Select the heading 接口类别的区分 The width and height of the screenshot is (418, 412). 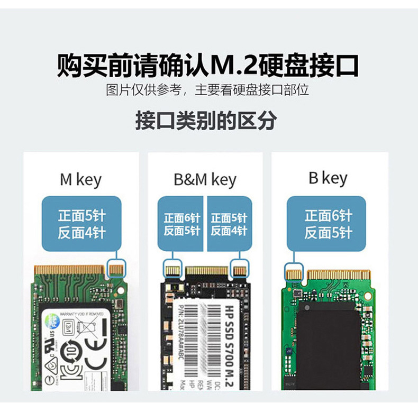pos(206,121)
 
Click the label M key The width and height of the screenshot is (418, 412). pos(80,179)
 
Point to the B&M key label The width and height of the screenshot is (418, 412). pos(205,179)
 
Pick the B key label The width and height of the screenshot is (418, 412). pos(328,178)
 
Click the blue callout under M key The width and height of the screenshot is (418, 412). pos(81,223)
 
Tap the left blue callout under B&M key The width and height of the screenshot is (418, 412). pos(181,223)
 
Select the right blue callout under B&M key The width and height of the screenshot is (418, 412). pos(229,223)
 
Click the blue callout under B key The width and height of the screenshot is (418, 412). pos(326,223)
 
